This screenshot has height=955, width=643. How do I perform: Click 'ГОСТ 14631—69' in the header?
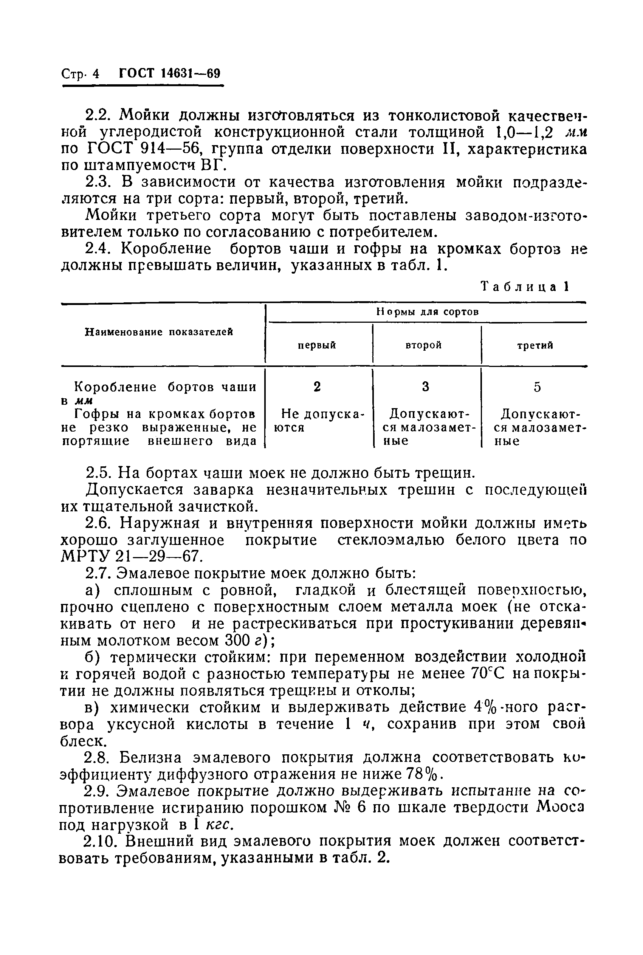169,73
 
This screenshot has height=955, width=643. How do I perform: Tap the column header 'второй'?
424,345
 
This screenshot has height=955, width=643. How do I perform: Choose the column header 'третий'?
535,345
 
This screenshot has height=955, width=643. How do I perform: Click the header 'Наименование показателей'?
159,332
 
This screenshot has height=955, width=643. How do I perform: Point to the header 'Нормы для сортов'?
427,312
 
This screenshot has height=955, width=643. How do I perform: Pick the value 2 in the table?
316,387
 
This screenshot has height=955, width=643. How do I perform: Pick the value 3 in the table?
426,387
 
